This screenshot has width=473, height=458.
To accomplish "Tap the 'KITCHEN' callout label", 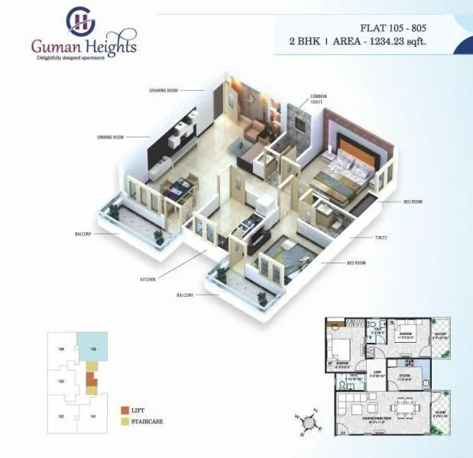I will (147, 279).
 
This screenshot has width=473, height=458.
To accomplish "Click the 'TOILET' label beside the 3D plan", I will (380, 238).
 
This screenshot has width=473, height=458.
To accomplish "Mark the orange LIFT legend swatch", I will (124, 411).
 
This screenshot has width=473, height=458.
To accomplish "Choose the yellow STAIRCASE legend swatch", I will (124, 421).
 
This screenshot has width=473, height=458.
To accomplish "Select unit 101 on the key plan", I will (92, 416).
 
